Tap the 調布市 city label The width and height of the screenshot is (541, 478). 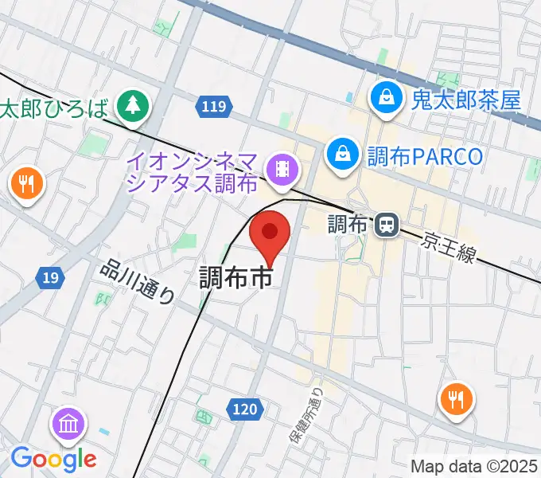coord(235,277)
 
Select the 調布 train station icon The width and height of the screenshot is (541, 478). coord(387,225)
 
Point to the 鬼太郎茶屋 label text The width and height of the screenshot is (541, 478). coord(465,100)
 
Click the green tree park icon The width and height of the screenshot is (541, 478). coord(132,106)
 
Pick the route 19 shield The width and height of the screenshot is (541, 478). coord(50,277)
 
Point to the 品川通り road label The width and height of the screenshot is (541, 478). coord(138,282)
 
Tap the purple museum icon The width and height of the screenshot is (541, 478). coord(67,423)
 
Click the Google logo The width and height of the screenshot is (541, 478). coord(53,458)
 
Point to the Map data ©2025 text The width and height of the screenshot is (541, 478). coord(474,466)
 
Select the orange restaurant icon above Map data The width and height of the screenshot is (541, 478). coord(457,399)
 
